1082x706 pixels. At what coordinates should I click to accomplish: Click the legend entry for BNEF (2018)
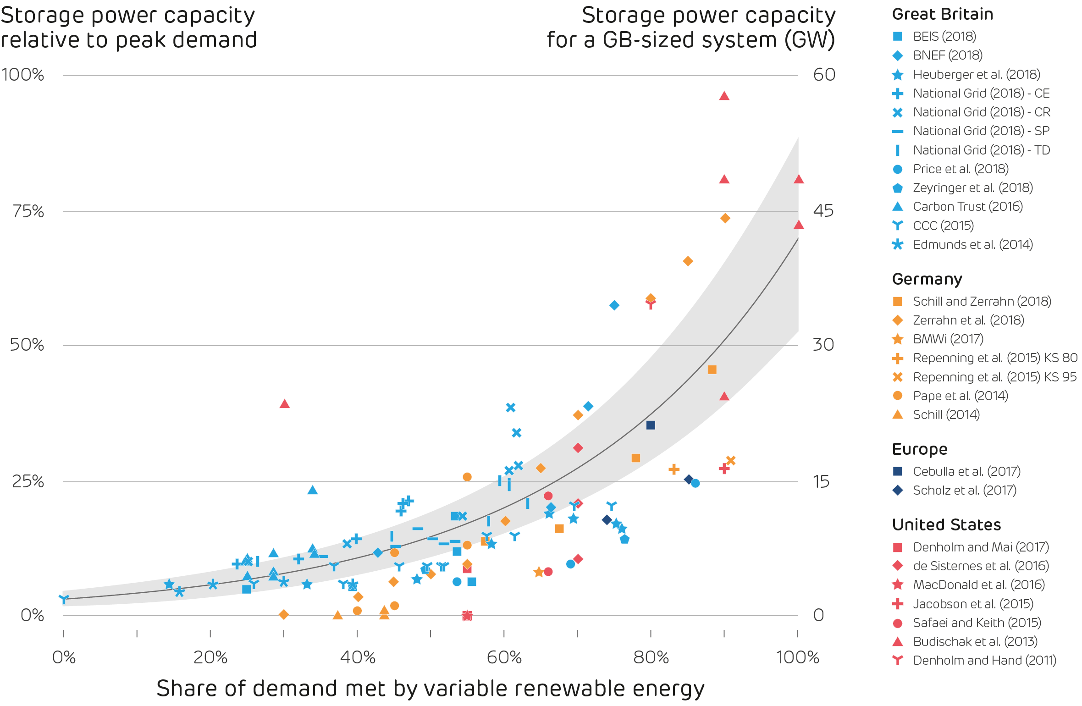(x=947, y=55)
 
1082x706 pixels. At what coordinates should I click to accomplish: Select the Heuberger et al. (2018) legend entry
(x=976, y=74)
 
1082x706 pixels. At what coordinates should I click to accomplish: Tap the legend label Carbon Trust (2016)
(x=967, y=207)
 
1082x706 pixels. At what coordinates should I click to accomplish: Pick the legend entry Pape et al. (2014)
(x=960, y=396)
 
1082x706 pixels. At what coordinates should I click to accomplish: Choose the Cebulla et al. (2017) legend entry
(x=966, y=471)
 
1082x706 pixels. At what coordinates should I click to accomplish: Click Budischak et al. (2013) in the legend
(x=975, y=641)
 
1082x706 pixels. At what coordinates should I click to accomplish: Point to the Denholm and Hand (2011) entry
(x=984, y=660)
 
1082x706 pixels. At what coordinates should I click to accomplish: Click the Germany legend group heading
(x=927, y=279)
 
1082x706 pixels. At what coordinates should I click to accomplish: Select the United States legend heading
(x=946, y=524)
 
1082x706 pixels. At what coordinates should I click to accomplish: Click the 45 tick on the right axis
(x=823, y=211)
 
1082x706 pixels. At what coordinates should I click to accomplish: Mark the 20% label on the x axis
(x=210, y=657)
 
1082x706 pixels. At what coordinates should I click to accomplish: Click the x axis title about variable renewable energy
(x=430, y=689)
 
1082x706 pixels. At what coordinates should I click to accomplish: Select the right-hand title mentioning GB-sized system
(x=691, y=28)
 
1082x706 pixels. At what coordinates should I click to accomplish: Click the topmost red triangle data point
(x=724, y=96)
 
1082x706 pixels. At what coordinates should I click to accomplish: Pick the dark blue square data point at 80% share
(x=651, y=425)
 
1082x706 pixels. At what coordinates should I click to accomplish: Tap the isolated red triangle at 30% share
(x=284, y=404)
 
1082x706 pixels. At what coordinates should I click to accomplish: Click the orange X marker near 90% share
(x=731, y=460)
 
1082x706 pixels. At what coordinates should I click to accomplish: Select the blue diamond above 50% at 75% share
(x=614, y=305)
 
